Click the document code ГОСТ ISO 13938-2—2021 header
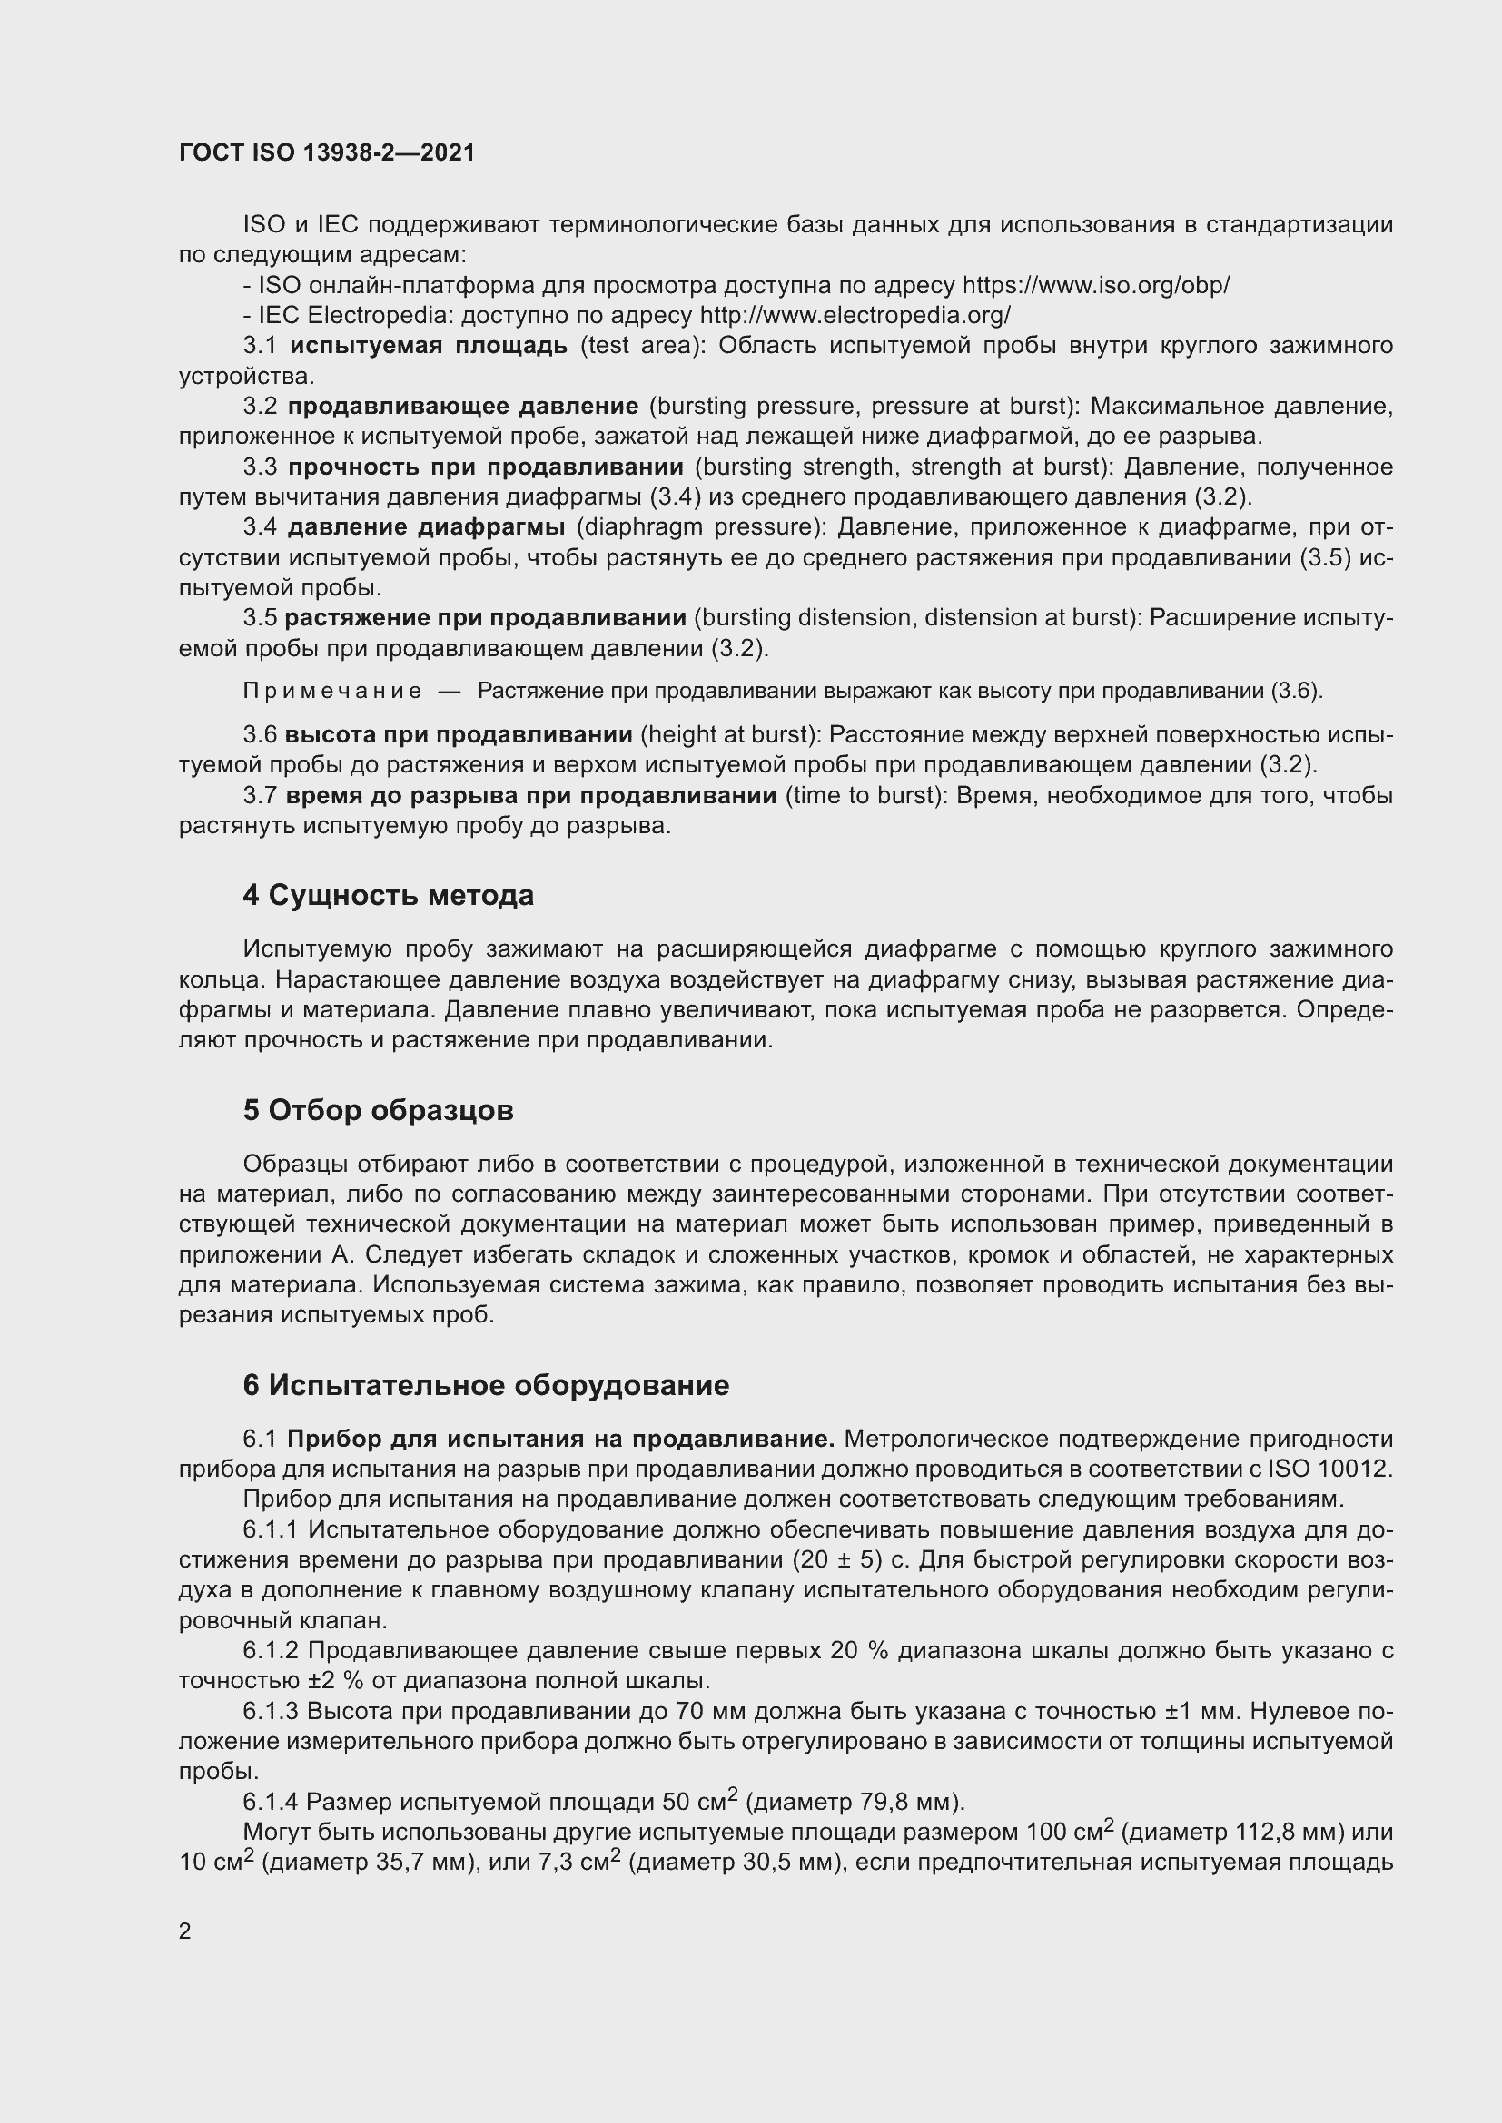click(327, 152)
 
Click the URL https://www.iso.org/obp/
click(1096, 285)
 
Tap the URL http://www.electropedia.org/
click(855, 315)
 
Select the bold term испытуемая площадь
click(429, 346)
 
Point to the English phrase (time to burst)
click(865, 795)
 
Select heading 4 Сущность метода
click(389, 895)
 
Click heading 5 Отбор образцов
click(379, 1109)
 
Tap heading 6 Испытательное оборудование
click(486, 1384)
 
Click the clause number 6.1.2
click(271, 1649)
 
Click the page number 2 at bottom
click(185, 1931)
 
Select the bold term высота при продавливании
click(458, 735)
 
